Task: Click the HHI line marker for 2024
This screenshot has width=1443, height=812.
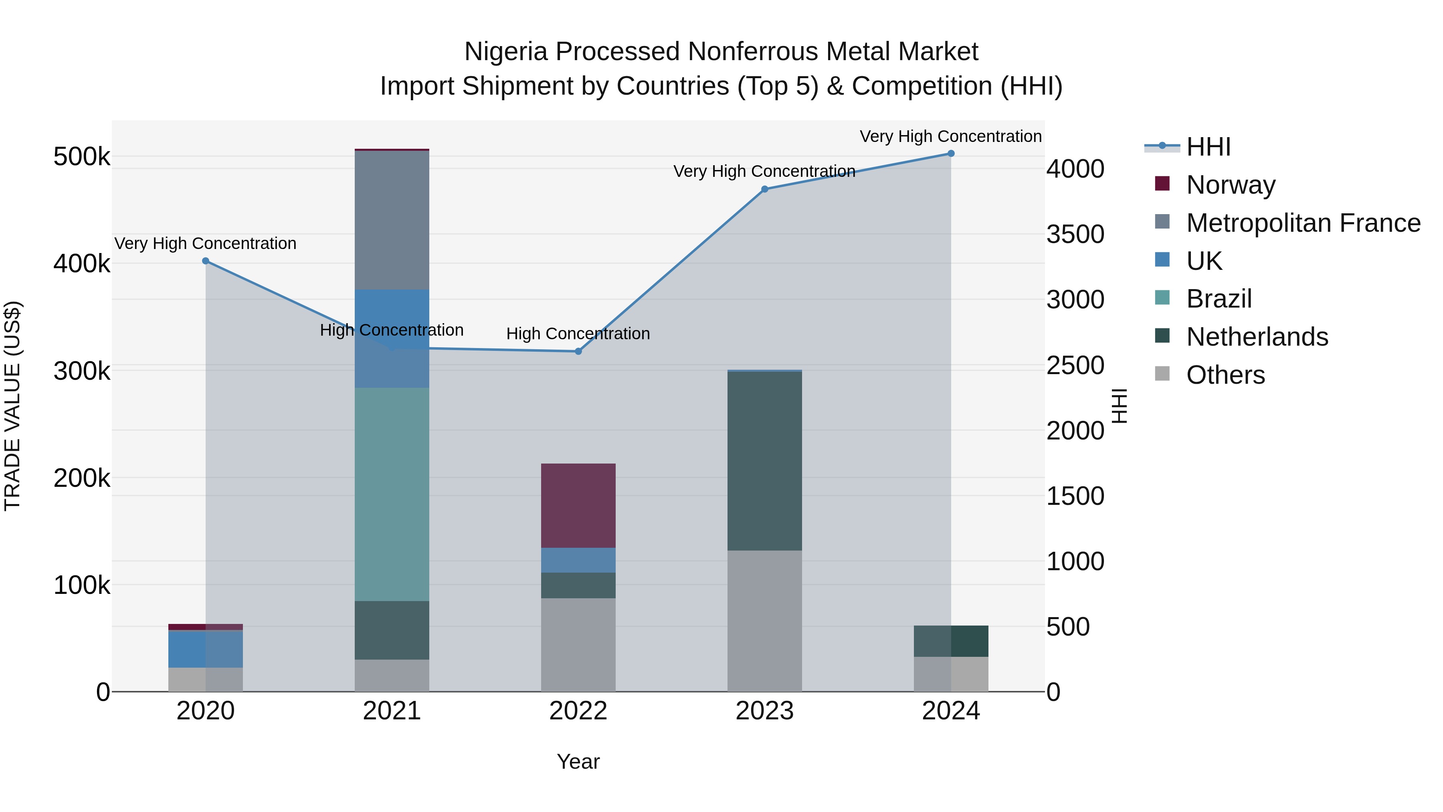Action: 951,154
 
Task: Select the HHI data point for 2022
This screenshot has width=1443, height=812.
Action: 578,351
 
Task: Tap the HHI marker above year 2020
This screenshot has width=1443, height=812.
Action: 206,261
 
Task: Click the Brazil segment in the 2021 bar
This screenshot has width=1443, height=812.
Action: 392,494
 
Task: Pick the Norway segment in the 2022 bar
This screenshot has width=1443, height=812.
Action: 578,506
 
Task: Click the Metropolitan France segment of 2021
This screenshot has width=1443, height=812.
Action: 392,220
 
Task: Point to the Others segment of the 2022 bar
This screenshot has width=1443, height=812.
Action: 578,644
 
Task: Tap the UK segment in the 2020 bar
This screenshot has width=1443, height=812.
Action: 206,649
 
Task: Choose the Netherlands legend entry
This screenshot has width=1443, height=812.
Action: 1257,337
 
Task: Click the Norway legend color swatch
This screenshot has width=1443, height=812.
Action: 1162,184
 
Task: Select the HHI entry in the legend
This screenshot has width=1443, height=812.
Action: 1208,147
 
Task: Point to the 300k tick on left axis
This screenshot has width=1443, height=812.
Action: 82,371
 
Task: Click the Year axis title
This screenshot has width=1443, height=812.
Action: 578,761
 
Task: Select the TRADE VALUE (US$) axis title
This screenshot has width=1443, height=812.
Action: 12,406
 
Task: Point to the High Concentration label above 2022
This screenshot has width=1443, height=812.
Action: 578,334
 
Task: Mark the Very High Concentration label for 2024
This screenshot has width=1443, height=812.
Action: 951,136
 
